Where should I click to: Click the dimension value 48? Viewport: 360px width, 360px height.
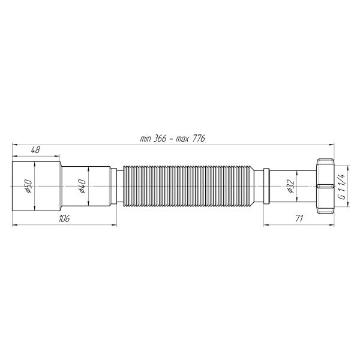point(35,150)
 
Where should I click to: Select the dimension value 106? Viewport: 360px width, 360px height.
point(64,218)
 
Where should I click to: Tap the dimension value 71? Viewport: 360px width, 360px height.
point(299,218)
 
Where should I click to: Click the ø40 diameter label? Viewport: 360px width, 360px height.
point(83,186)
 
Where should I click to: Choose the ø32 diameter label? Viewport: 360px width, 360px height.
point(290,186)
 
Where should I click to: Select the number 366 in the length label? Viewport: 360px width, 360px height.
point(160,139)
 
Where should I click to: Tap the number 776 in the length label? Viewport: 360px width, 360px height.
point(198,139)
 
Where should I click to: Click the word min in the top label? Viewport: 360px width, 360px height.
point(146,139)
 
